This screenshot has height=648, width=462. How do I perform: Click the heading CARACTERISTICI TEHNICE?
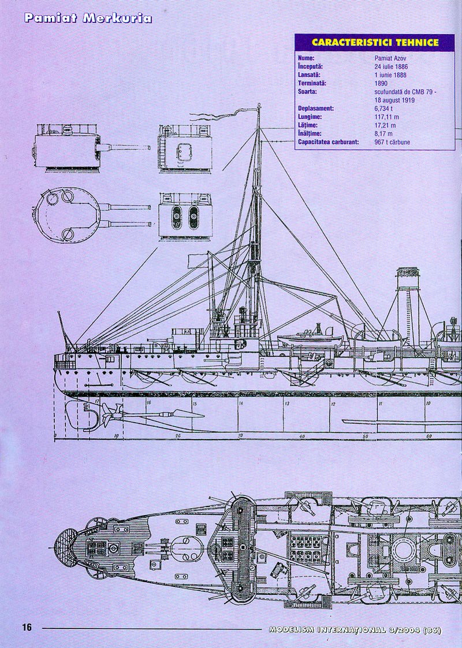374,42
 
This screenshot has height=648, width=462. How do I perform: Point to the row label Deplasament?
316,109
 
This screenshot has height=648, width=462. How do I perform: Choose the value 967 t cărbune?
392,142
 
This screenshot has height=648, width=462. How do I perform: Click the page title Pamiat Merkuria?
88,18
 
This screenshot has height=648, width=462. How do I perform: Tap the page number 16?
28,628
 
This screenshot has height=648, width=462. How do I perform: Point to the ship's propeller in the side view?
110,412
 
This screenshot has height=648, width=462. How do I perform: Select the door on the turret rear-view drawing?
184,148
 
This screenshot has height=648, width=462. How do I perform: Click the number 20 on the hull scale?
178,436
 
